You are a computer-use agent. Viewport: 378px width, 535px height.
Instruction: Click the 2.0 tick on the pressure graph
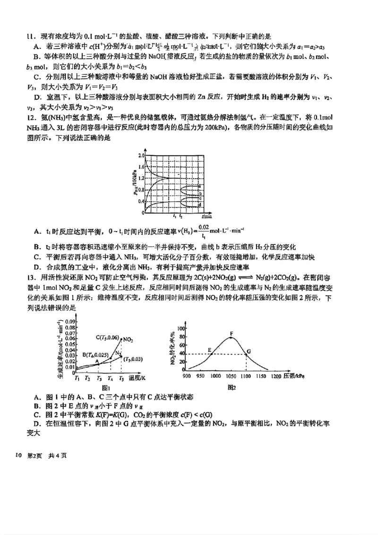[141, 155]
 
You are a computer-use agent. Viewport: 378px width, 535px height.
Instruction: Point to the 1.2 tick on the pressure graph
[141, 179]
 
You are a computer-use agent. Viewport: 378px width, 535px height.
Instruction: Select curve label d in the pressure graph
[200, 205]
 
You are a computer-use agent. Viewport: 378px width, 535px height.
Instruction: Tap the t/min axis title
[206, 216]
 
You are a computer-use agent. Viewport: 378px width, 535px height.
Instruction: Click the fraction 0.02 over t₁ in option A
[203, 231]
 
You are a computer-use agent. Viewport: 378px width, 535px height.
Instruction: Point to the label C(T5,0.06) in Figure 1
[108, 337]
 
